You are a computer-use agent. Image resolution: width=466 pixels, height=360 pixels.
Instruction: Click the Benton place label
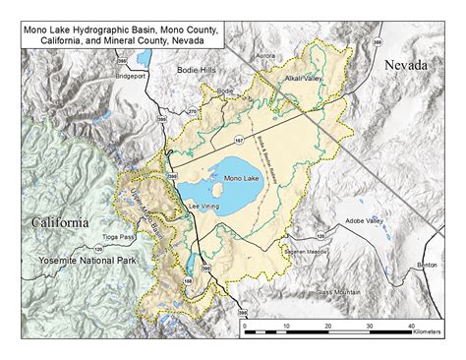point(427,266)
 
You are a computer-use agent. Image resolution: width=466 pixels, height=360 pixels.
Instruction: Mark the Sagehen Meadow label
point(305,252)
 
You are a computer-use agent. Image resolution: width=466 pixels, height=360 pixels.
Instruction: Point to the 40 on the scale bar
point(411,325)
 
